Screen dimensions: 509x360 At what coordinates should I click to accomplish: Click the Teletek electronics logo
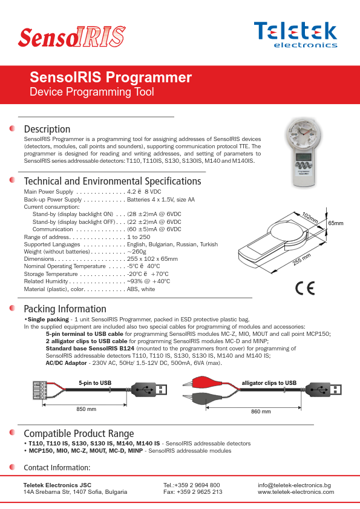click(x=295, y=34)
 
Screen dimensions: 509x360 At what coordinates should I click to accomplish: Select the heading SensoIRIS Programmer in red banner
click(x=111, y=77)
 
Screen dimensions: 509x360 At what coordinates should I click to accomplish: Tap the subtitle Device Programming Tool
click(x=92, y=92)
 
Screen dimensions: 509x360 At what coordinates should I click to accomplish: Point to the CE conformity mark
click(x=305, y=288)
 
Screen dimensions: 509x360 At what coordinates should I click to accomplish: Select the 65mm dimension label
click(x=335, y=224)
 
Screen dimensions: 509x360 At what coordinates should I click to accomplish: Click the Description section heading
click(x=47, y=129)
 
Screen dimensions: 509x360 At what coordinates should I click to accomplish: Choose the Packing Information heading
click(x=65, y=309)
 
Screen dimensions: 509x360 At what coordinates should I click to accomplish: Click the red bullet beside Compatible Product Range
click(x=12, y=433)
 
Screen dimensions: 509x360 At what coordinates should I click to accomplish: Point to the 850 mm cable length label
click(x=86, y=410)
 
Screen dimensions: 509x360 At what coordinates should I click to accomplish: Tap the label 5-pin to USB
click(x=95, y=383)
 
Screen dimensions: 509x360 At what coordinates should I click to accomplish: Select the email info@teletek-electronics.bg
click(x=294, y=485)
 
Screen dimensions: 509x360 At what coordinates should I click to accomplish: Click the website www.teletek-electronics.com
click(x=296, y=492)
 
